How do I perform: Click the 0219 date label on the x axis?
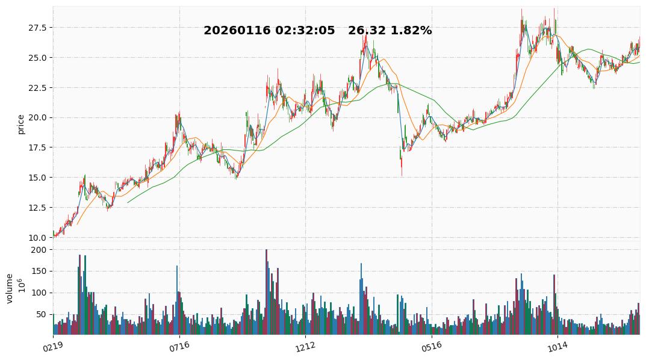[x=52, y=347]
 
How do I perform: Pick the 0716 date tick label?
[x=179, y=347]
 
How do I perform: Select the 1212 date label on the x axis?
[x=305, y=347]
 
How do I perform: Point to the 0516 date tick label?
[x=431, y=347]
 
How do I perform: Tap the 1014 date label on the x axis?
[x=557, y=347]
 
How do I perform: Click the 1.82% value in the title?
[x=411, y=31]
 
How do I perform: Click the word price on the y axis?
[x=21, y=123]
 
